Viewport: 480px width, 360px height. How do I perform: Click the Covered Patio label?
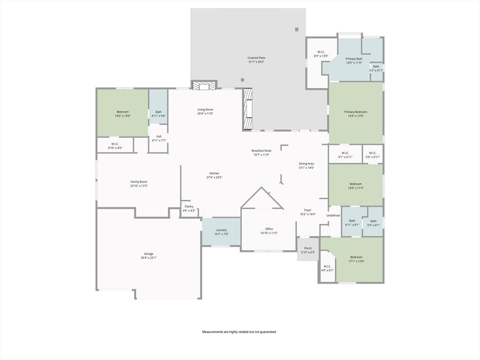tap(256, 58)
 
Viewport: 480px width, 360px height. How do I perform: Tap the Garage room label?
tap(149, 254)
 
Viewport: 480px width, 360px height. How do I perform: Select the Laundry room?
tap(221, 232)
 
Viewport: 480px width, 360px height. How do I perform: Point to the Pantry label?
tap(189, 206)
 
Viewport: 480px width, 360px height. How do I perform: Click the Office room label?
tap(269, 229)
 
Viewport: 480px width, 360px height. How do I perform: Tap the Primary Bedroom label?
tap(355, 112)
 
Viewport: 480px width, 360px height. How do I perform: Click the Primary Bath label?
tap(354, 59)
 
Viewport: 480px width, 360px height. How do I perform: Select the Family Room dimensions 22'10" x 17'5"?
tap(139, 186)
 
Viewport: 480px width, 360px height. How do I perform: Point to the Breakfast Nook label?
tap(262, 150)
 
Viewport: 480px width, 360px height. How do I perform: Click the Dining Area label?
tap(306, 164)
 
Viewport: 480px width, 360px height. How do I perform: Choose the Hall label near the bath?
tap(159, 136)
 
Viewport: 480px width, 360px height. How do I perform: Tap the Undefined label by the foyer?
tap(333, 215)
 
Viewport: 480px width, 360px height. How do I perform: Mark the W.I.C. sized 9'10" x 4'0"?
tap(115, 146)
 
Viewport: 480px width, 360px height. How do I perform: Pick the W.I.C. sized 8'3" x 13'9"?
tap(321, 54)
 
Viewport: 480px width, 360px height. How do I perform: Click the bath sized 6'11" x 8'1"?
tap(352, 223)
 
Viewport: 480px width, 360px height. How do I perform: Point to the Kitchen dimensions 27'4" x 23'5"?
tap(214, 177)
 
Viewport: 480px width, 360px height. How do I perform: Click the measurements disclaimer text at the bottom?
tap(239, 332)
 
